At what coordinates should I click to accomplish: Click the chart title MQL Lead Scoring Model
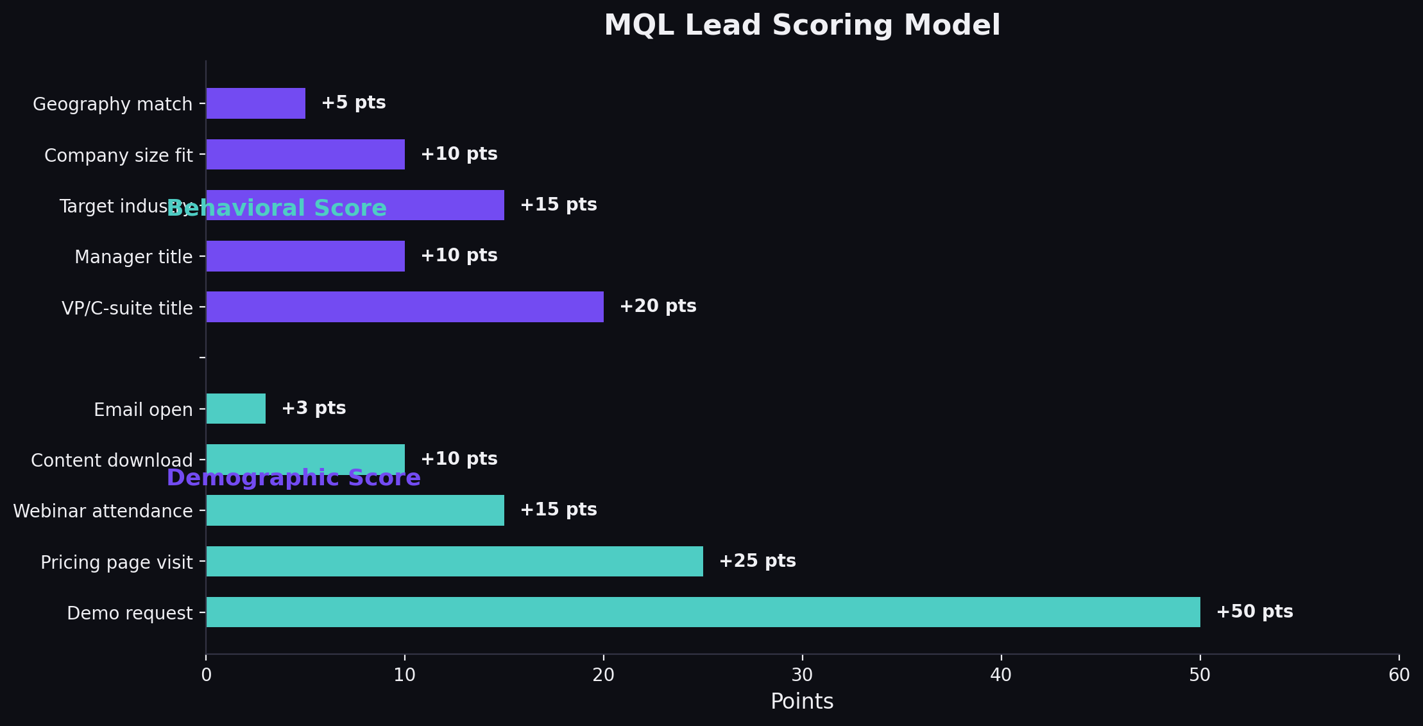point(802,26)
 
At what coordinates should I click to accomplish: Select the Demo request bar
point(703,612)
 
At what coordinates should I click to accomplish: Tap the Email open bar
point(235,408)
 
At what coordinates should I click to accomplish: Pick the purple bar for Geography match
point(255,103)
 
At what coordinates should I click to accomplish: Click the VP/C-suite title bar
point(404,307)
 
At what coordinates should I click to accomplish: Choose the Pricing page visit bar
point(454,561)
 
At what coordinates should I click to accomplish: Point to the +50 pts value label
point(1254,612)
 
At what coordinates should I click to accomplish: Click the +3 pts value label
point(314,408)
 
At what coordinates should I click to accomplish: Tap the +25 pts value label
point(757,561)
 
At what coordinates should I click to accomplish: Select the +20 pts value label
point(658,306)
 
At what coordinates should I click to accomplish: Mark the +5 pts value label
point(354,103)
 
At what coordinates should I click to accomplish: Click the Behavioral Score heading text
point(277,209)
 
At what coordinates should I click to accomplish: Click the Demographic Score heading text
point(293,478)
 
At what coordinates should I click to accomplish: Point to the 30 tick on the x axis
point(802,675)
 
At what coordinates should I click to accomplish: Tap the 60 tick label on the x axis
point(1399,675)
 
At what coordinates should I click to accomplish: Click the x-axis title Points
point(802,702)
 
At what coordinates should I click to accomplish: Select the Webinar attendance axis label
point(103,511)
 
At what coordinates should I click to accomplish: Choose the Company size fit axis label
point(118,155)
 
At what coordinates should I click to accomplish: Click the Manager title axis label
point(133,257)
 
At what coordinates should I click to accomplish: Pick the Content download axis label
point(112,460)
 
